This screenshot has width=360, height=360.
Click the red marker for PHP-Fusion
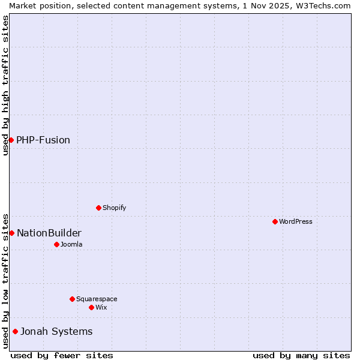coord(11,140)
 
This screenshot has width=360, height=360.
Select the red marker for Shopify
coord(98,208)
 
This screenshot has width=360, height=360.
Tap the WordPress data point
coord(275,221)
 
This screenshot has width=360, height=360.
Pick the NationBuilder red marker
coord(11,233)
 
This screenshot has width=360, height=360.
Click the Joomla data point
coord(56,244)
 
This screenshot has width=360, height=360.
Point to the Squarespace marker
coord(72,299)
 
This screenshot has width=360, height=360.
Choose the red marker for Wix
coord(91,307)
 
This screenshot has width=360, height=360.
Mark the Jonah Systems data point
coord(15,331)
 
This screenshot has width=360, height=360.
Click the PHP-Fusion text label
coord(43,140)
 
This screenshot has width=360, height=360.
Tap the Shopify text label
coord(114,208)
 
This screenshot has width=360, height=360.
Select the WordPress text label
coord(296,221)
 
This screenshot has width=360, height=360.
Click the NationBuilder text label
coord(49,233)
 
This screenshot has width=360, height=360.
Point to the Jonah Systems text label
coord(56,331)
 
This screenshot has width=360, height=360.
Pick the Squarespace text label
coord(97,299)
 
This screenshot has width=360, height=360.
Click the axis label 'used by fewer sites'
coord(62,355)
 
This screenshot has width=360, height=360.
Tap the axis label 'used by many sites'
coord(301,355)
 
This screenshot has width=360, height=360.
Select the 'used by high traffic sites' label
coord(5,85)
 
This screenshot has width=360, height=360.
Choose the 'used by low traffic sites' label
coord(5,280)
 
